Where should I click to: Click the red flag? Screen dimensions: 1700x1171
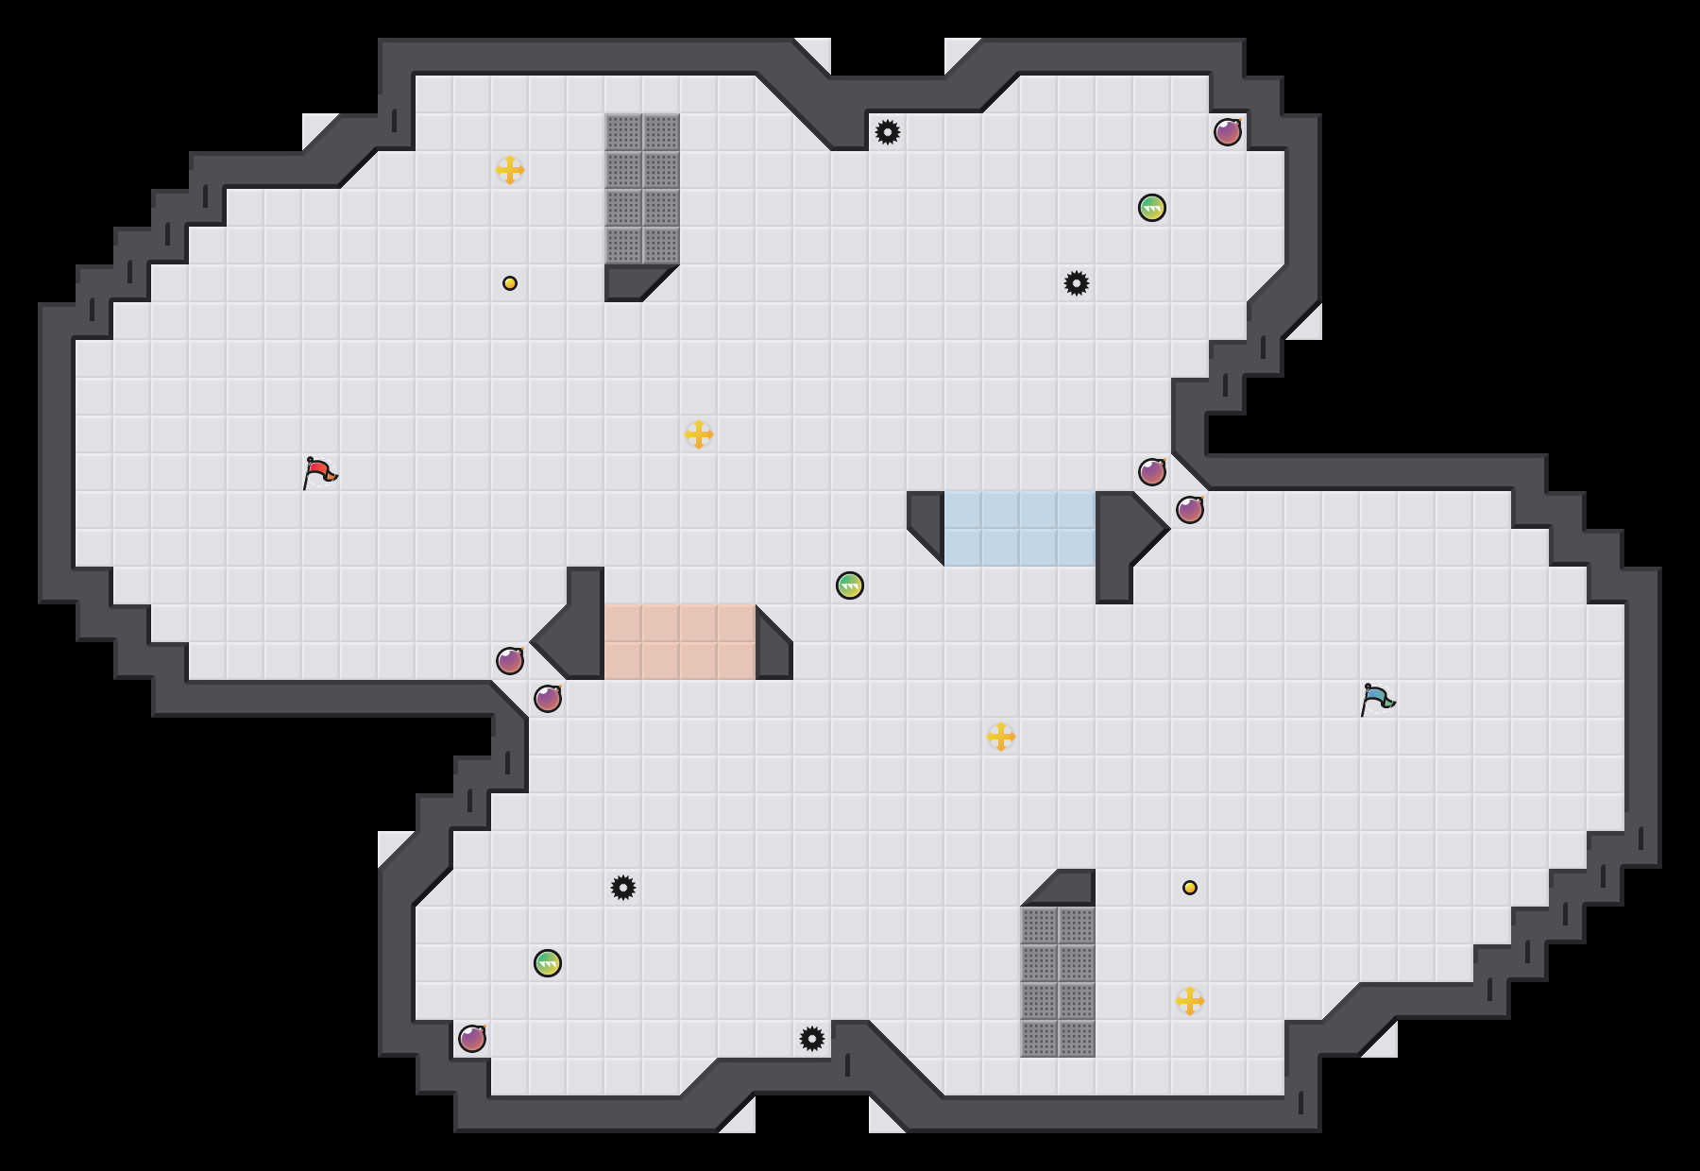tap(319, 471)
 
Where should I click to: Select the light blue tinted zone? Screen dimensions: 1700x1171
tap(1020, 529)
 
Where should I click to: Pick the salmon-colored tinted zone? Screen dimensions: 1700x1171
tap(680, 642)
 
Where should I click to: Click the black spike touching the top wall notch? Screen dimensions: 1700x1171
tap(888, 132)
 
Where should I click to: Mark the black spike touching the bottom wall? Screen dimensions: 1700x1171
tap(812, 1039)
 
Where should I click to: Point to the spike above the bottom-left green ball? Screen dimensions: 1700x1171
tap(623, 888)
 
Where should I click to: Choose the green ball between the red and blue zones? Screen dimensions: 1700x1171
tap(850, 585)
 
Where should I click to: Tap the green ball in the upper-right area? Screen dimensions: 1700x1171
tap(1152, 208)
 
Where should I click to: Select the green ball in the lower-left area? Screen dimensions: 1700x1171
tap(548, 963)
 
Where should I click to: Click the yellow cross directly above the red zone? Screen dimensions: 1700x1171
tap(699, 434)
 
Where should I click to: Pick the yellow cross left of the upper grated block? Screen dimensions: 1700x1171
tap(510, 170)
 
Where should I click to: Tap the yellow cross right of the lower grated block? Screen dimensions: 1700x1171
tap(1190, 1001)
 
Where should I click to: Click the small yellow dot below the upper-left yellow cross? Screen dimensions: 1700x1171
tap(510, 283)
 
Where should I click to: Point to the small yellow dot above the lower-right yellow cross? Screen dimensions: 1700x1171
tap(1190, 888)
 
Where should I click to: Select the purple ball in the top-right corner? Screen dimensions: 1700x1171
tap(1228, 132)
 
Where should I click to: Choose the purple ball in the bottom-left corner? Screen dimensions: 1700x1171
tap(472, 1039)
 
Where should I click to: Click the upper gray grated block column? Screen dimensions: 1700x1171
tap(642, 189)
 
